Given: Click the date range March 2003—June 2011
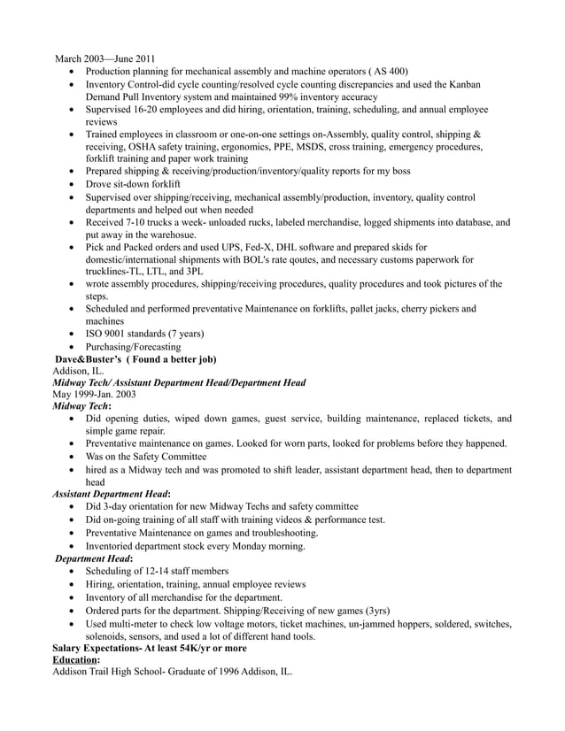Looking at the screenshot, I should (104, 59).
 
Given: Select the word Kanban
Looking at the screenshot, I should (463, 84).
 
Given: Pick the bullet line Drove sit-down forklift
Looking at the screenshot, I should (133, 183).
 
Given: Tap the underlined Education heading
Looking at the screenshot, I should (75, 660).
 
